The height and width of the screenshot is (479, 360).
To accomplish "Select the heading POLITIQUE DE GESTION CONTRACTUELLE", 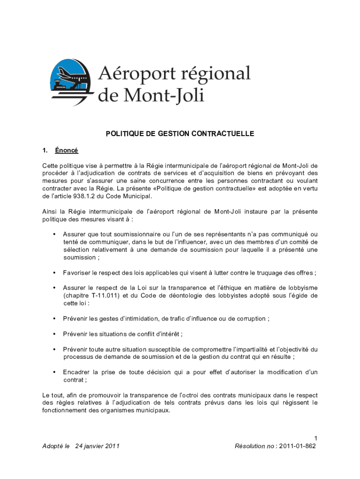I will coord(180,134).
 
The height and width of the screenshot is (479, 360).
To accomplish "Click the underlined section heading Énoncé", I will coord(66,151).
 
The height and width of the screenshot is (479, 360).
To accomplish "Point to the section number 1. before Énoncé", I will coord(45,151).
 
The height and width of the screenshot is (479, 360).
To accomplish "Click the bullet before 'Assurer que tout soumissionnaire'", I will coord(55,234).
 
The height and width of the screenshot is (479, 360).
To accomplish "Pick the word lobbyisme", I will coord(300,288).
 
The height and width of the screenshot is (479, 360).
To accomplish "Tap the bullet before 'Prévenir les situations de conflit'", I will coord(55,334).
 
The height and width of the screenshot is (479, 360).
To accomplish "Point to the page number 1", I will coord(316,438).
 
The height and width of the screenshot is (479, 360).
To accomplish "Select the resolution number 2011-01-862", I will coord(297,446).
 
